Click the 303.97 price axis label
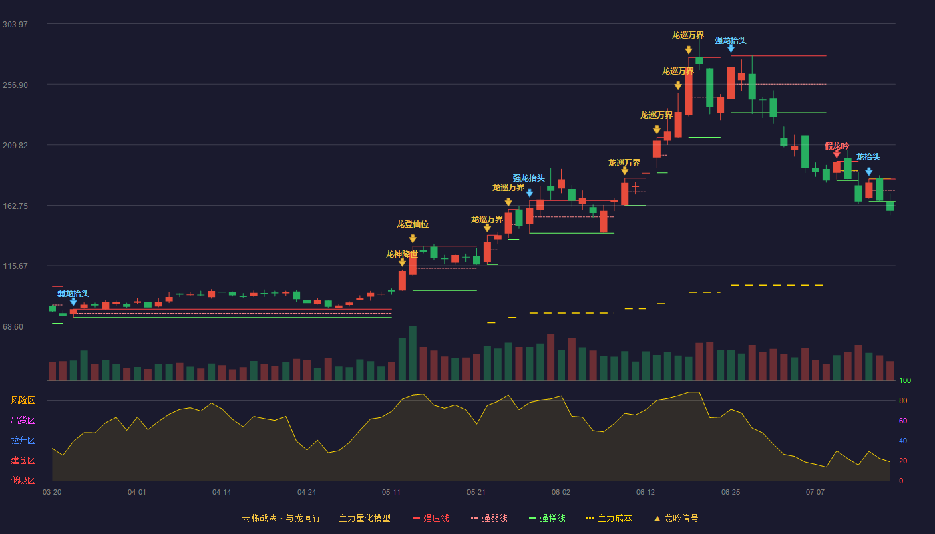pyautogui.click(x=15, y=25)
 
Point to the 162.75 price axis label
pyautogui.click(x=15, y=206)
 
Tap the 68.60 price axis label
pyautogui.click(x=13, y=326)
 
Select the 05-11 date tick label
pyautogui.click(x=391, y=493)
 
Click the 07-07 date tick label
pyautogui.click(x=815, y=493)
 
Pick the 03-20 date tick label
pyautogui.click(x=52, y=493)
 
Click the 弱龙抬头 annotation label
pyautogui.click(x=73, y=293)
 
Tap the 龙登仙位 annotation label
pyautogui.click(x=413, y=224)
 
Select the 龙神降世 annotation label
pyautogui.click(x=402, y=254)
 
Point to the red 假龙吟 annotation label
pyautogui.click(x=837, y=146)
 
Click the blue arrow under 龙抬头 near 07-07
pyautogui.click(x=869, y=172)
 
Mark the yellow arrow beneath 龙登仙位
pyautogui.click(x=413, y=239)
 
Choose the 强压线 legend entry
pyautogui.click(x=431, y=518)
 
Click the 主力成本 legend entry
pyautogui.click(x=609, y=518)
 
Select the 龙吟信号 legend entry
pyautogui.click(x=676, y=518)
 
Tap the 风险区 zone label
pyautogui.click(x=23, y=400)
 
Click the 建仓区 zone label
pyautogui.click(x=23, y=461)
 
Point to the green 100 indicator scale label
pyautogui.click(x=905, y=380)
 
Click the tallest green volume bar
pyautogui.click(x=413, y=353)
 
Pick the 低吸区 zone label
pyautogui.click(x=23, y=481)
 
